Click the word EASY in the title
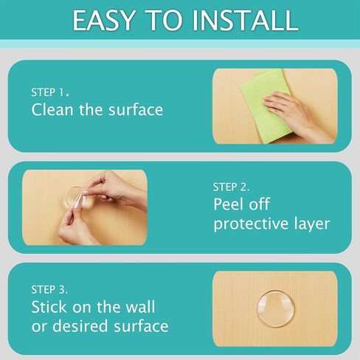(x=104, y=21)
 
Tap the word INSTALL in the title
(x=245, y=21)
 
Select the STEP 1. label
(x=50, y=92)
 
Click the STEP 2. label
(x=231, y=187)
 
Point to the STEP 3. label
(x=49, y=290)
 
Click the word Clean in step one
(x=52, y=109)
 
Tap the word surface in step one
(x=136, y=110)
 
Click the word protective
(x=251, y=224)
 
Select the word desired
(x=80, y=326)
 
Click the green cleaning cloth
(x=264, y=105)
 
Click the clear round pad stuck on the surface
(x=276, y=308)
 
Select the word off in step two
(x=260, y=204)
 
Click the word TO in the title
(x=165, y=21)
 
